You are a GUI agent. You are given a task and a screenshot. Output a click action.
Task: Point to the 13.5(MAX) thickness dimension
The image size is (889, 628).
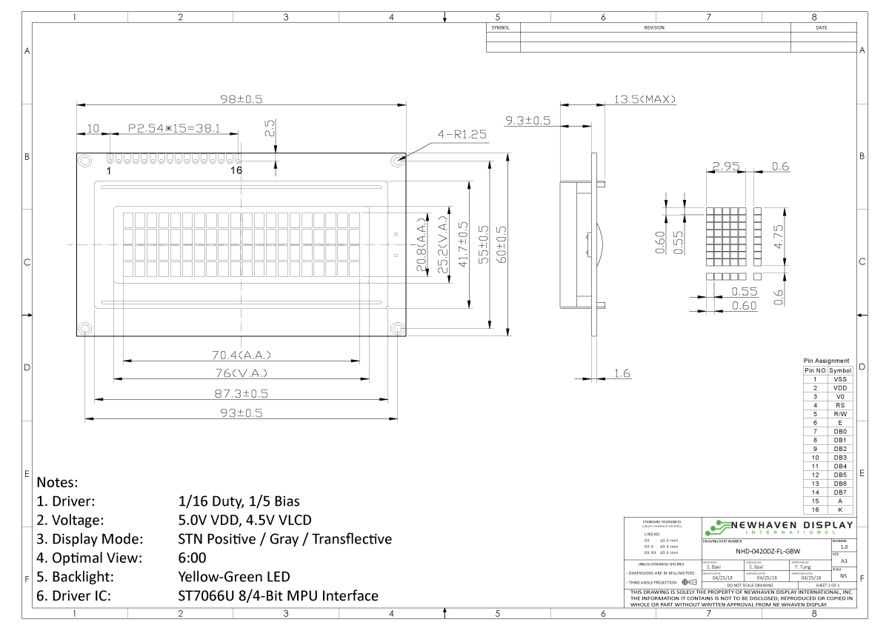pyautogui.click(x=644, y=99)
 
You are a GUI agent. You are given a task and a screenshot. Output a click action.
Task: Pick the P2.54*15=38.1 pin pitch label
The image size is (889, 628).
pyautogui.click(x=175, y=128)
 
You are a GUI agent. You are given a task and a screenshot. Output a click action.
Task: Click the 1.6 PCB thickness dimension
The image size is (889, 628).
pyautogui.click(x=622, y=374)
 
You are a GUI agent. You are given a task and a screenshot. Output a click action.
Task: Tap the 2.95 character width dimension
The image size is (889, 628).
pyautogui.click(x=726, y=167)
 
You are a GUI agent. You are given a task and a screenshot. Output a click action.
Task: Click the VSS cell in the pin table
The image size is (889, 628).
pyautogui.click(x=840, y=378)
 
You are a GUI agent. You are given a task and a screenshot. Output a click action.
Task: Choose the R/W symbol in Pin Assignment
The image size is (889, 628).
pyautogui.click(x=840, y=414)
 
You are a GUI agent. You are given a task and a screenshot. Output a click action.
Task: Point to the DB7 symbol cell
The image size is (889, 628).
pyautogui.click(x=840, y=492)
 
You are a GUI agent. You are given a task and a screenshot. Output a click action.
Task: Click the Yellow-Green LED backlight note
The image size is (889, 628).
pyautogui.click(x=234, y=576)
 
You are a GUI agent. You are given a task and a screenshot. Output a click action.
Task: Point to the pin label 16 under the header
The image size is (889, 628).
pyautogui.click(x=236, y=170)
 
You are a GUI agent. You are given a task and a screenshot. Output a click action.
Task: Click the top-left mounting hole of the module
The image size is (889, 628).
pyautogui.click(x=84, y=159)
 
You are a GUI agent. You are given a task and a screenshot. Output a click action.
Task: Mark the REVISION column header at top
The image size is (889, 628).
pyautogui.click(x=654, y=27)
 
